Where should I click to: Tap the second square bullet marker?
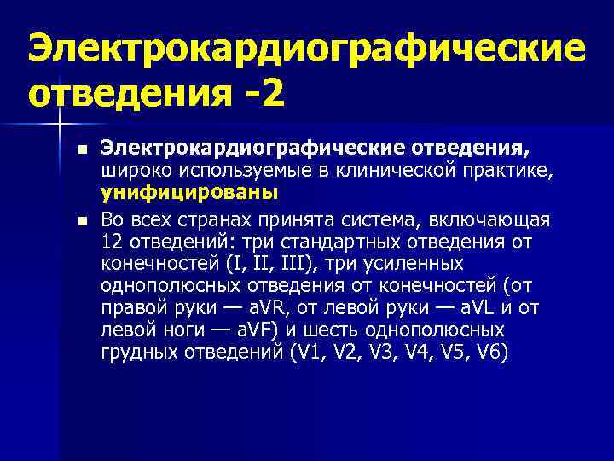82,221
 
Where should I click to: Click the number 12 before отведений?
111,242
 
